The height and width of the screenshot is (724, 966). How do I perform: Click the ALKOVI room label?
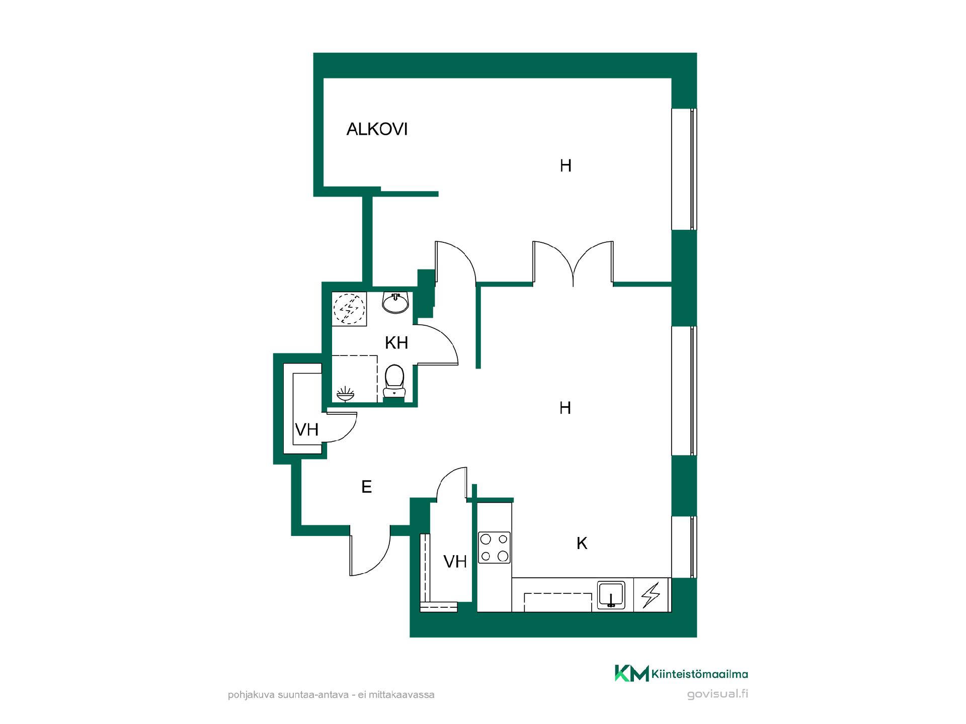click(x=377, y=130)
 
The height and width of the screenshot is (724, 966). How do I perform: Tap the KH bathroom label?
click(x=396, y=343)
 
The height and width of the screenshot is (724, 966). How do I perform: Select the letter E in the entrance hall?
click(x=367, y=487)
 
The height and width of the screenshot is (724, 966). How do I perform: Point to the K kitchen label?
click(x=582, y=544)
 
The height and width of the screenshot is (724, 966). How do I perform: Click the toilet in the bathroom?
click(x=394, y=382)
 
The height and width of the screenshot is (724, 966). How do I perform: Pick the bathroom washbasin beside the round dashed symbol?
click(x=395, y=303)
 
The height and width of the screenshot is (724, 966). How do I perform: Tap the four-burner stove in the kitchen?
click(x=494, y=548)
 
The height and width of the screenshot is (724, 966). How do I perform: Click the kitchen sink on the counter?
click(x=611, y=595)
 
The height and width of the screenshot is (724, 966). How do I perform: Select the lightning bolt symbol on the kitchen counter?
click(x=651, y=595)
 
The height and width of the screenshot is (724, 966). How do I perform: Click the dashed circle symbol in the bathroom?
click(x=349, y=308)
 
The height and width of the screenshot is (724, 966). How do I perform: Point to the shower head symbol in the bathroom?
click(x=345, y=394)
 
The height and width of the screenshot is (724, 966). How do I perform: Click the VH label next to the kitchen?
click(x=455, y=562)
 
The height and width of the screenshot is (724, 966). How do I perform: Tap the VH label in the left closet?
click(x=307, y=430)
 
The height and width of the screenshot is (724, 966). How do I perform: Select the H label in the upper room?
click(x=566, y=166)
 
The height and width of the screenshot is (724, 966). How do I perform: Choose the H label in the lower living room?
click(x=566, y=408)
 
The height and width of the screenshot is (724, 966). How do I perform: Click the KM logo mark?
click(x=631, y=673)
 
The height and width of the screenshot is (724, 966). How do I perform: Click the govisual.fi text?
click(x=717, y=694)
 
